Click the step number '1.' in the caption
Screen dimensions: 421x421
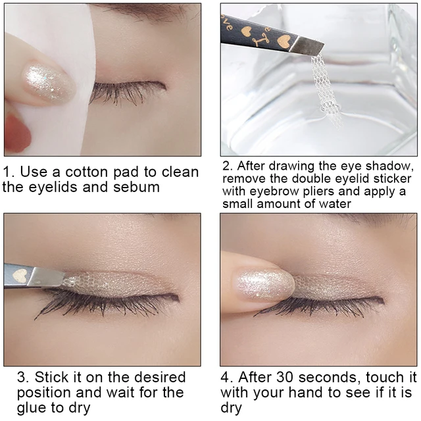pos(10,172)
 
